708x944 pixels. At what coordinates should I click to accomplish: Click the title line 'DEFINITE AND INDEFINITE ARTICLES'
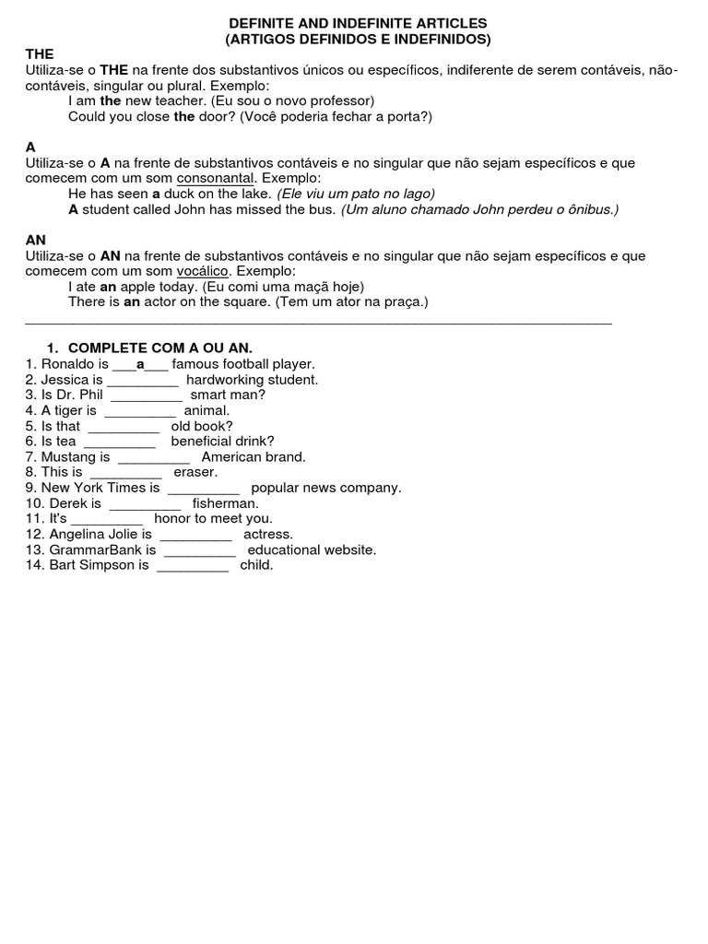[358, 23]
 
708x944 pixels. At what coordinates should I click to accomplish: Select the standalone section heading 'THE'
[40, 54]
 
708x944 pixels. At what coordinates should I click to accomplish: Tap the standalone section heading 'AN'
[35, 240]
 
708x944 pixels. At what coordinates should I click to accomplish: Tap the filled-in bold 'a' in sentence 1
[141, 364]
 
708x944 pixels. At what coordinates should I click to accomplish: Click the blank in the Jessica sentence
[142, 380]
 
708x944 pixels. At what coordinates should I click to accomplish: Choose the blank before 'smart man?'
[147, 395]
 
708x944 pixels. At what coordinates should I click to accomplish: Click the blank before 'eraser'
[125, 472]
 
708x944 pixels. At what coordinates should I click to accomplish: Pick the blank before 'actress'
[195, 534]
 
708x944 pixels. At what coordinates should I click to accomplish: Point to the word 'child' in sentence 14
[256, 565]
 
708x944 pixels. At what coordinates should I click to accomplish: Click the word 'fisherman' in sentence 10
[226, 503]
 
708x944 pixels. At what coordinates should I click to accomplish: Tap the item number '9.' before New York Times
[31, 488]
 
